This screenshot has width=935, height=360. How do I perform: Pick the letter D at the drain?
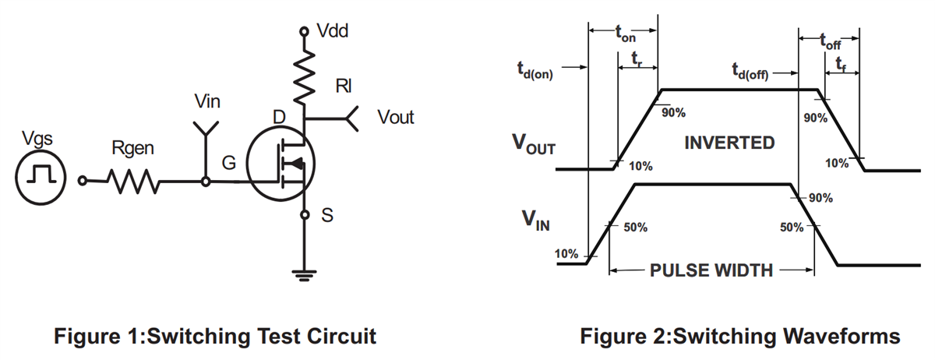pos(279,118)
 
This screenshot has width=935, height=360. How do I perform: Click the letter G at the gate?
pos(228,164)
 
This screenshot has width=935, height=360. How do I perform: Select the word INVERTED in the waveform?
pos(729,143)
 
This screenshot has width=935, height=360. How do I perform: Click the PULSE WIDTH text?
pos(711,271)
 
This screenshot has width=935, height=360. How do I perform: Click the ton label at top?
pos(625,34)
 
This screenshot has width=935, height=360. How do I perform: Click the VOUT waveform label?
pos(534,146)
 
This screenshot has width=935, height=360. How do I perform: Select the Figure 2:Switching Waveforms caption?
pos(740,337)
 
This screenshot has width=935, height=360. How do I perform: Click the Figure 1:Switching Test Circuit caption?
pos(214,337)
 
